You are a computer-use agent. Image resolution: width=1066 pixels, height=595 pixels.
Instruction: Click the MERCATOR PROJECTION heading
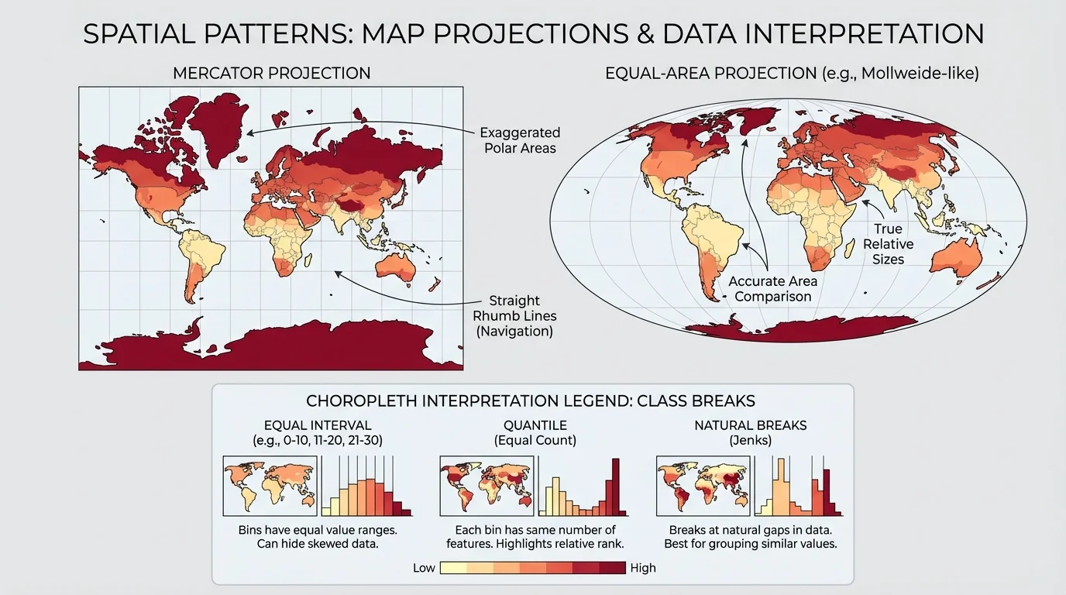point(271,74)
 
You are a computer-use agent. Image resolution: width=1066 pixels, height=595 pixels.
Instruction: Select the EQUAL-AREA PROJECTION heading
point(792,74)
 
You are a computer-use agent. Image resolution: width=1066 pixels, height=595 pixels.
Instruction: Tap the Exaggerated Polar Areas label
point(519,140)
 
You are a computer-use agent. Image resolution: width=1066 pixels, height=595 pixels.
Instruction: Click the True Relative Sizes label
point(888,244)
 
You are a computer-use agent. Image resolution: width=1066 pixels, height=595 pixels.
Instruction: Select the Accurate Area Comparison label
point(772,289)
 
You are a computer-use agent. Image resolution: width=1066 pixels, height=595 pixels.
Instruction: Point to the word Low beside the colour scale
point(424,568)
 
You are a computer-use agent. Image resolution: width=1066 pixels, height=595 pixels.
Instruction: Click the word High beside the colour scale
point(643,568)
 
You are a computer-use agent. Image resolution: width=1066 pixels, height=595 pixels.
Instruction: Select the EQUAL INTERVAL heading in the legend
point(318,425)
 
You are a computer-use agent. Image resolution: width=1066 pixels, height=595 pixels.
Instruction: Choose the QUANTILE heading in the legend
point(535,425)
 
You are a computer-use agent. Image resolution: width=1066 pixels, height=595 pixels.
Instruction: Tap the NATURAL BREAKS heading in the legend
point(750,425)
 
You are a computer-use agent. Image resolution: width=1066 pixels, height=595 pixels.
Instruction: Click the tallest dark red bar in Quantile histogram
point(617,487)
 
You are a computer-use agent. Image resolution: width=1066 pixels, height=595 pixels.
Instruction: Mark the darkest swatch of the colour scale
point(613,568)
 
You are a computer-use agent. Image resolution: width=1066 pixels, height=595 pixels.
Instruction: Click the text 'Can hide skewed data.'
point(318,545)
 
